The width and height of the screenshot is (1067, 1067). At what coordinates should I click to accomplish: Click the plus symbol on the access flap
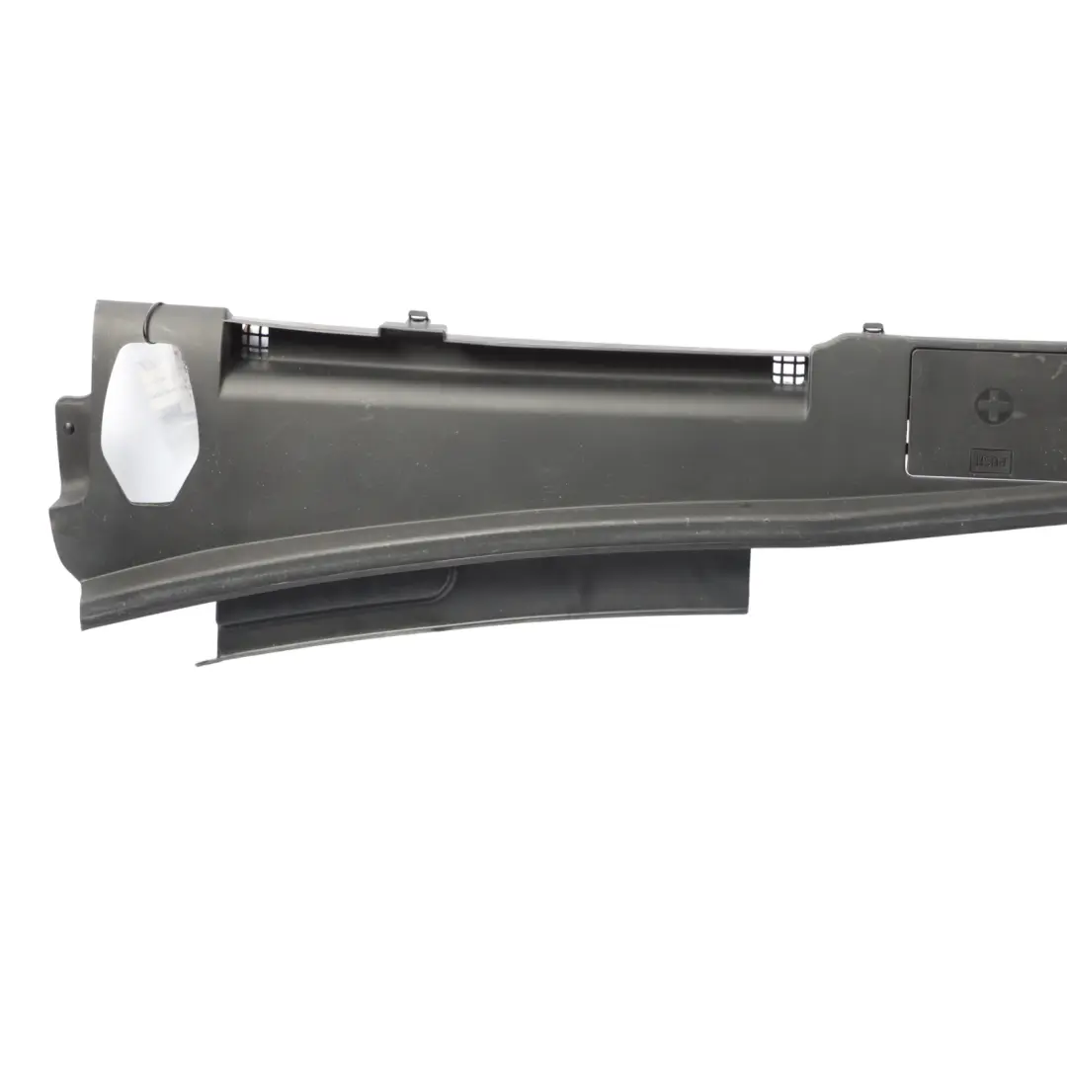pos(991,405)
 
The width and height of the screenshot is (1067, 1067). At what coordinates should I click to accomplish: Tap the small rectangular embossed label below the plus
pos(990,461)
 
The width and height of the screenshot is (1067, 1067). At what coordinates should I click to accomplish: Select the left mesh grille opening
pos(255,339)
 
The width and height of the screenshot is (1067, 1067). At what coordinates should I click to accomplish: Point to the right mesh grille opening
pos(789,369)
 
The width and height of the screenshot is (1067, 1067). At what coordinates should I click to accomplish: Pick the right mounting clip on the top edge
pos(871,327)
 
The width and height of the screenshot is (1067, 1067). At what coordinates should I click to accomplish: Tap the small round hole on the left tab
pos(68,427)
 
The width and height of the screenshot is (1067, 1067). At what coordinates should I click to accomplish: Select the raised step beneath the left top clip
pos(413,332)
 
